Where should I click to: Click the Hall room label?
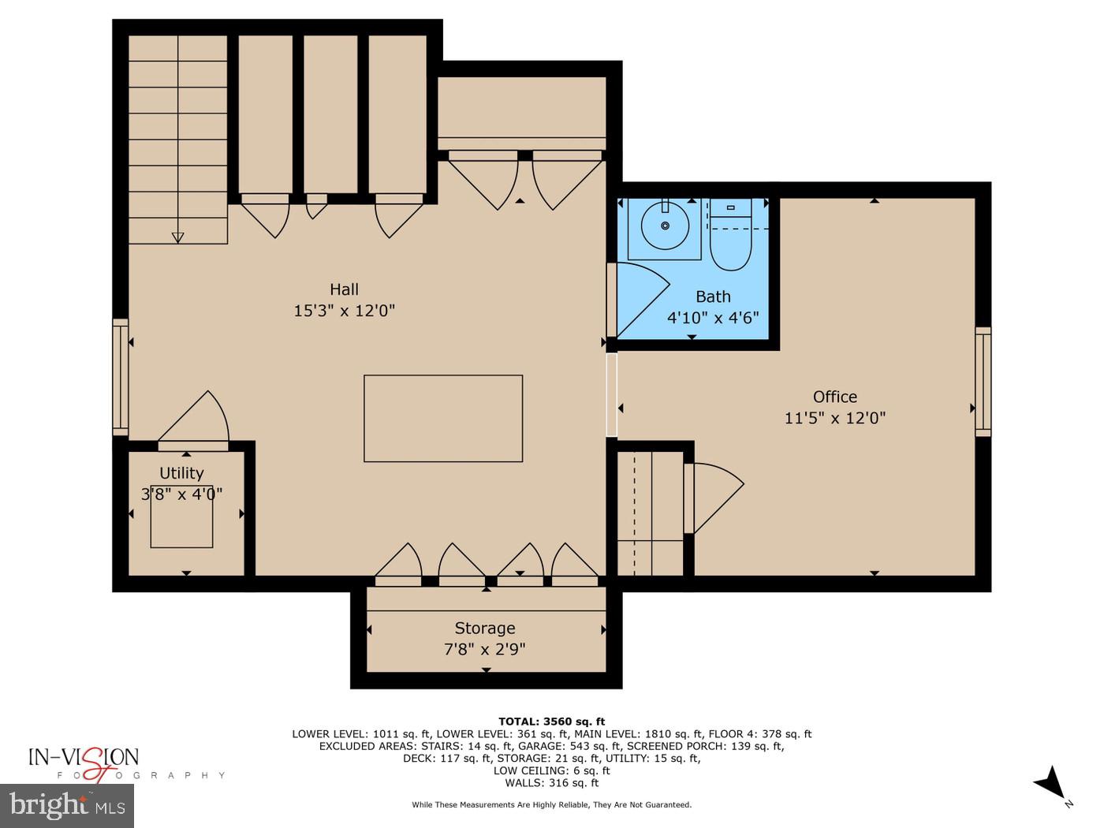coord(344,289)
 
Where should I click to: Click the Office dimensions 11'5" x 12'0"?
coord(834,418)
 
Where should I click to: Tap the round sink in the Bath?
coord(665,226)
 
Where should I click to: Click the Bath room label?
coord(713,297)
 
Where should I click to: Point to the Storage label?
coord(484,628)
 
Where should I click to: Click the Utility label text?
coord(181,473)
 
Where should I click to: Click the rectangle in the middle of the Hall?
coord(443,418)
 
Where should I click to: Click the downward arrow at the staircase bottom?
coord(177,237)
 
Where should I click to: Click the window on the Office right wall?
coord(983,382)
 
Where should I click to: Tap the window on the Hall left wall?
coord(120,377)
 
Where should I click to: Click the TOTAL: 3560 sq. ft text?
coord(551,721)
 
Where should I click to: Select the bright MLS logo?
coord(67,806)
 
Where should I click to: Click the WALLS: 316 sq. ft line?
coord(551,782)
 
